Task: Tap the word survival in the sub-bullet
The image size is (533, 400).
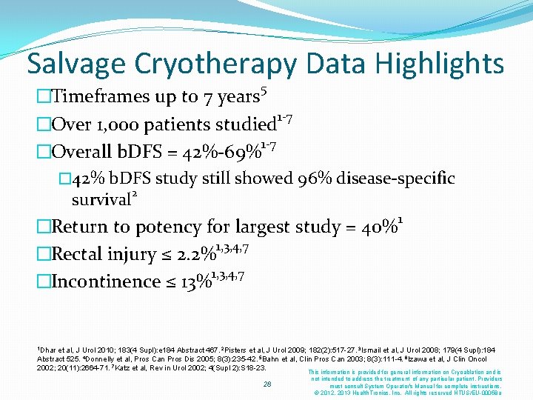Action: (101, 199)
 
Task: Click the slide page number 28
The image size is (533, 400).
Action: (267, 384)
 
